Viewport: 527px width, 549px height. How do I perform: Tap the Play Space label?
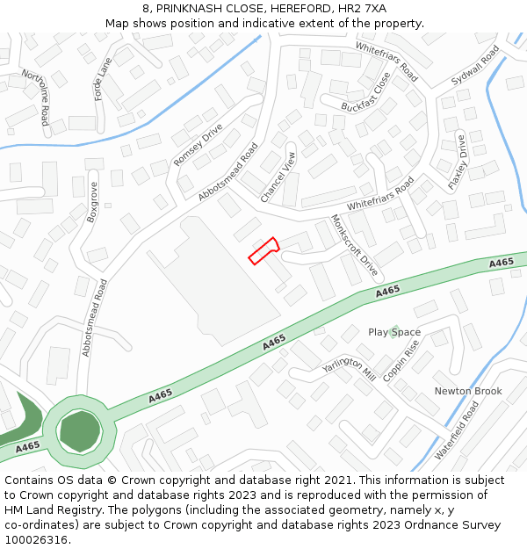coord(394,332)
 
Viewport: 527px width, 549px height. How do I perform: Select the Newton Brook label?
coord(468,391)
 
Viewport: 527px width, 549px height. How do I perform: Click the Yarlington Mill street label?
coord(348,368)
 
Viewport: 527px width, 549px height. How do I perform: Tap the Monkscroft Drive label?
coord(353,244)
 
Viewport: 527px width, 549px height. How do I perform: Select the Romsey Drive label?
coord(199,145)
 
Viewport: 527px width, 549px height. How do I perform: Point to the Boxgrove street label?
coord(92,201)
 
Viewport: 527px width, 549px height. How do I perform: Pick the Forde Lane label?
coord(104,79)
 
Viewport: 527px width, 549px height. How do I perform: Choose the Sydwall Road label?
coord(475,64)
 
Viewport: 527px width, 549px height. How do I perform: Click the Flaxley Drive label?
coord(458,163)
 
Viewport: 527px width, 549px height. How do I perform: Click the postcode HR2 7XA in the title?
coord(363,8)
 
